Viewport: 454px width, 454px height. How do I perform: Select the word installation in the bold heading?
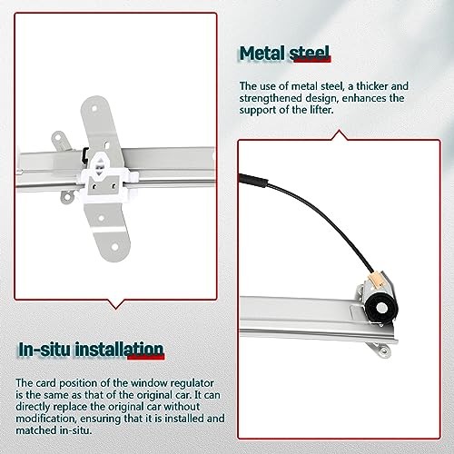(x=123, y=349)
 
